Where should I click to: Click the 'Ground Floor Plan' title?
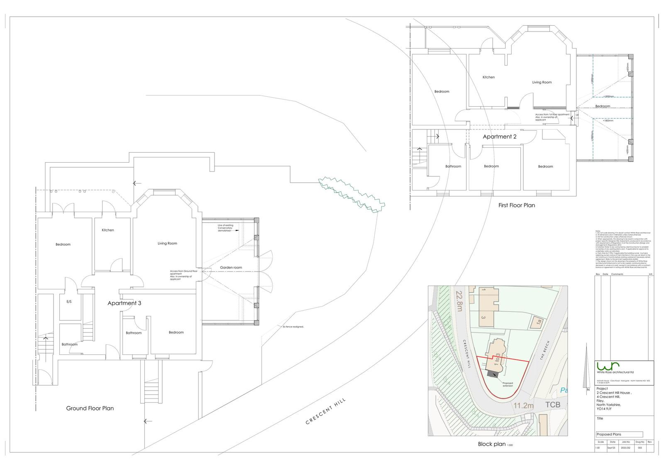(x=90, y=408)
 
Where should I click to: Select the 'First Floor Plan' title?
(x=517, y=205)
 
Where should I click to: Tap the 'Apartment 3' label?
(x=124, y=303)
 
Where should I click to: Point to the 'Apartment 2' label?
(x=499, y=137)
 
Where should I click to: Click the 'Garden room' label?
(x=231, y=268)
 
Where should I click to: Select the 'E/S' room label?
(x=69, y=302)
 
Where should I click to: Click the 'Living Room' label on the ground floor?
(x=167, y=244)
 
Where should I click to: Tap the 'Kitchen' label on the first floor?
(x=488, y=77)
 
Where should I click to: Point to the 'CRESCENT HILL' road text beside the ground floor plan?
(x=326, y=411)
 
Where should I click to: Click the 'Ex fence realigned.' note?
(x=293, y=327)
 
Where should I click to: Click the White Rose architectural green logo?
(x=606, y=366)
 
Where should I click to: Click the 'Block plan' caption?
(x=492, y=444)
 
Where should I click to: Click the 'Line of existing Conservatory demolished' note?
(x=225, y=228)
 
